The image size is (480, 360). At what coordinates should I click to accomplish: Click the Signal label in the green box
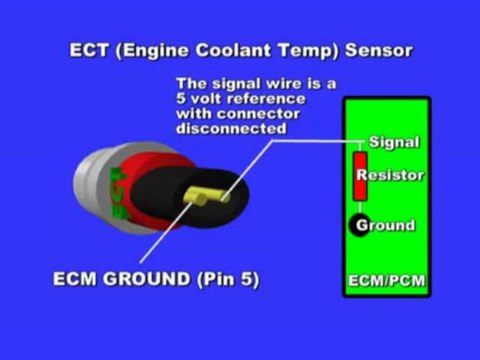click(394, 143)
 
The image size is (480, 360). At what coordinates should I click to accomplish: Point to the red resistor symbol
click(359, 177)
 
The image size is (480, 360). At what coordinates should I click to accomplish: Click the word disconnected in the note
click(229, 129)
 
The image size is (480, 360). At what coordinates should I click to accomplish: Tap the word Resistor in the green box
click(397, 176)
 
